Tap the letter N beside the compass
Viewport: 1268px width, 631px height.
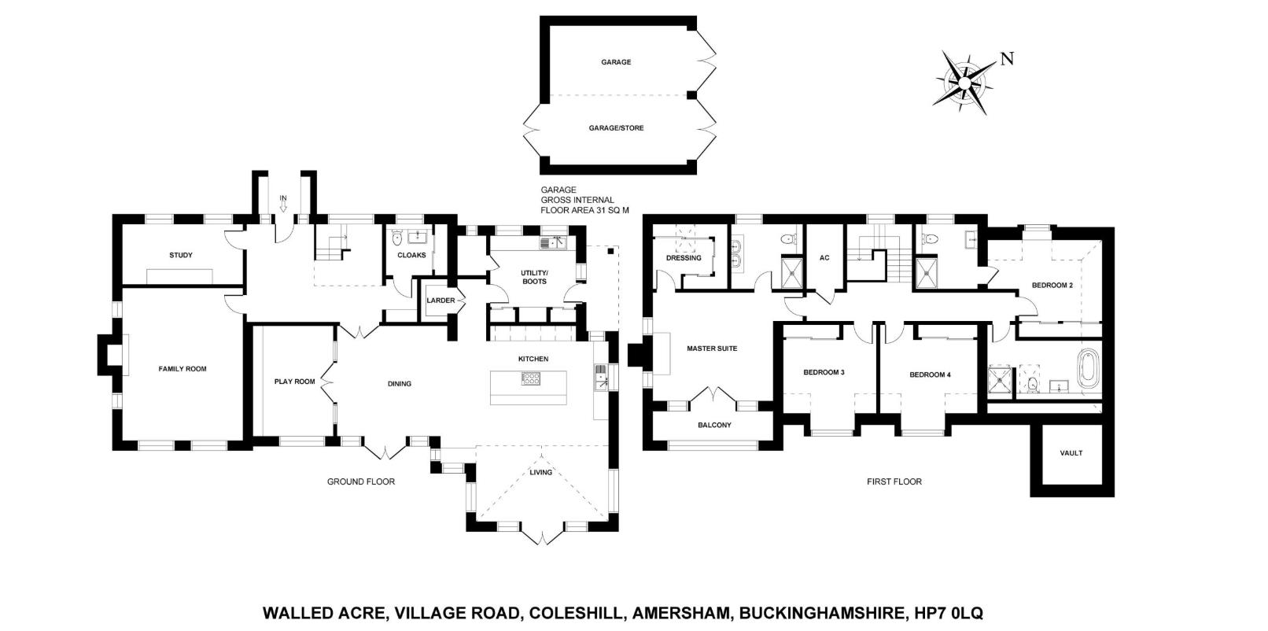point(1007,59)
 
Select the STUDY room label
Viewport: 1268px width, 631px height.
point(181,256)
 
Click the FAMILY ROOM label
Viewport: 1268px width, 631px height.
point(182,369)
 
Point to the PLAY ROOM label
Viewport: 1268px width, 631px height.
point(294,382)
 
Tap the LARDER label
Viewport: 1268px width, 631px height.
point(440,301)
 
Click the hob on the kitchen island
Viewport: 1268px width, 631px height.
point(531,378)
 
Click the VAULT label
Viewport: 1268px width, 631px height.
point(1071,453)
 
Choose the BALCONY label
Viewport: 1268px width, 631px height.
point(714,425)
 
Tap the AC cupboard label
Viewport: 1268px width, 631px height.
point(824,258)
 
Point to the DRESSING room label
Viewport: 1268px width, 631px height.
point(684,258)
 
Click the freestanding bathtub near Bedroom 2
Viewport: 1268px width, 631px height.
point(1087,368)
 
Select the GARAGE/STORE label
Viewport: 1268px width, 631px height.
point(616,128)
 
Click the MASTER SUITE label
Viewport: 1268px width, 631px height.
point(712,349)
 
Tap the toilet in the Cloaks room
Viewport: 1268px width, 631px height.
point(396,238)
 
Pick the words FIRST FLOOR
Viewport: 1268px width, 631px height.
point(894,482)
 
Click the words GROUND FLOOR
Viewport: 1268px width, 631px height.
point(361,482)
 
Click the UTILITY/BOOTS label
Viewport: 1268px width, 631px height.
point(534,277)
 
